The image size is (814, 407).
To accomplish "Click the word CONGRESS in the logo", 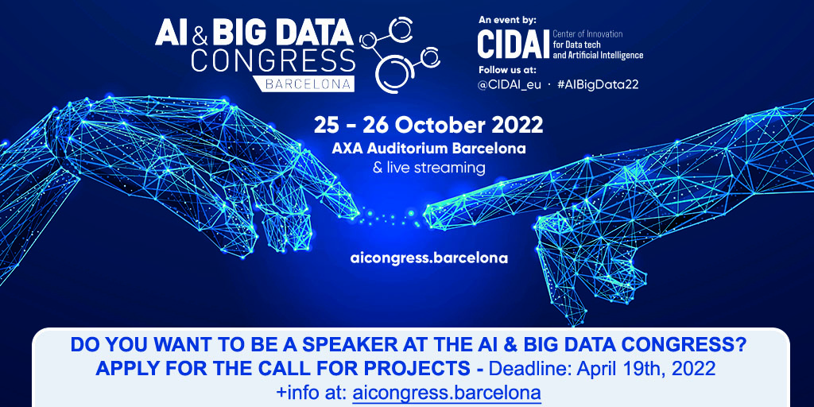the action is pos(273,61).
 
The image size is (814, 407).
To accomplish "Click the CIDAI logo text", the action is pos(513,45).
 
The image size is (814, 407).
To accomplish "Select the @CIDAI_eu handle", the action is pos(510,85).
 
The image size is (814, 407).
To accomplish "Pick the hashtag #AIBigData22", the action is pos(598,85).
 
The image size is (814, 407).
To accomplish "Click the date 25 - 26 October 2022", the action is pos(428,125).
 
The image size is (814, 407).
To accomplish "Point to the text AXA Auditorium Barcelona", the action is pos(428,149).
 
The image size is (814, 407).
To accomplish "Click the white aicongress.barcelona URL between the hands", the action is pos(428,258).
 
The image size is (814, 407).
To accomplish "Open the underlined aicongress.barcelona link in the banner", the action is pos(447,392).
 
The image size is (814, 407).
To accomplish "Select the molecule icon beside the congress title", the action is pos(400,54).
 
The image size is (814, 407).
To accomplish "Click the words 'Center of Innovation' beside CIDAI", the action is pos(587,34).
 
